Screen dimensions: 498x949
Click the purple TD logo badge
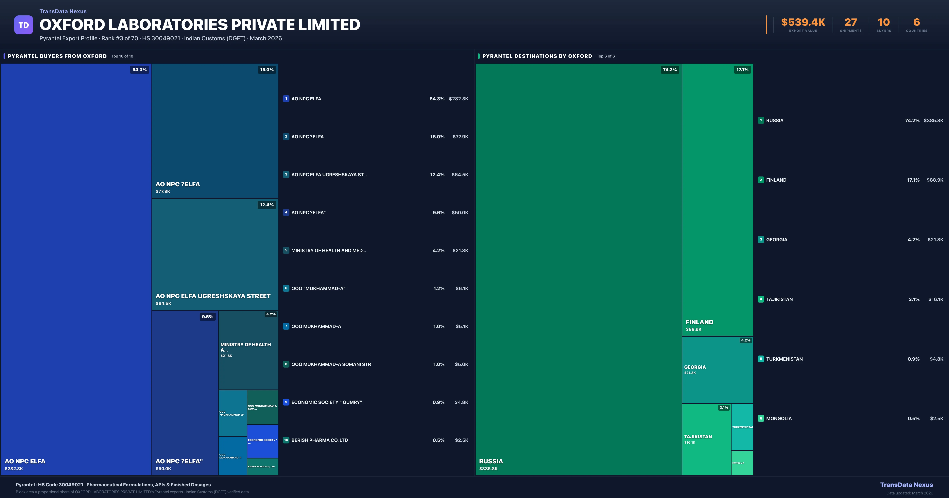coord(24,25)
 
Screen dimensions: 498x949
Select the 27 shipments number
coord(851,23)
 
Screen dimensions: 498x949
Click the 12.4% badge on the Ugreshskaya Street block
coord(266,205)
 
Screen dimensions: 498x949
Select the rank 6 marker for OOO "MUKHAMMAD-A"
coord(286,288)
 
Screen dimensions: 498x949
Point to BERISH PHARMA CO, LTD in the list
coord(319,440)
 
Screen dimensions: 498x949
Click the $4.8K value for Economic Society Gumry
coord(461,402)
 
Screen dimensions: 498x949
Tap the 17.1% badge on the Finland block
coord(742,70)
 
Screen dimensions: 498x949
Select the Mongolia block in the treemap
coord(742,463)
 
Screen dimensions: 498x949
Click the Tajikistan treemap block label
coord(698,437)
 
